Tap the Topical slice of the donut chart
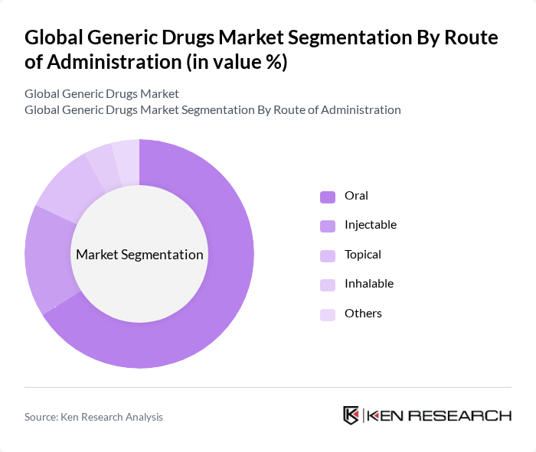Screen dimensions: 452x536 (69, 187)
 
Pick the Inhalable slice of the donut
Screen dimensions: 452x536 (103, 164)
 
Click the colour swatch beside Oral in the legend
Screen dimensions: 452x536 (328, 197)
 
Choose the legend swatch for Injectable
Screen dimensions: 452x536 (328, 226)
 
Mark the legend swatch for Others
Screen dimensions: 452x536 (328, 314)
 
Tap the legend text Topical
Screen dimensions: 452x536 (362, 255)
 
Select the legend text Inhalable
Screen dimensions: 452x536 (368, 284)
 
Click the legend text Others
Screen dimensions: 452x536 (363, 314)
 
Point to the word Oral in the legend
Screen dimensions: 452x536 (356, 196)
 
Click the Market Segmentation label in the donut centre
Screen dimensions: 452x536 (139, 255)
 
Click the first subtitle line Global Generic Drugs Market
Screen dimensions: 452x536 (102, 94)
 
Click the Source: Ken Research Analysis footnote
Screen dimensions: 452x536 (93, 417)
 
